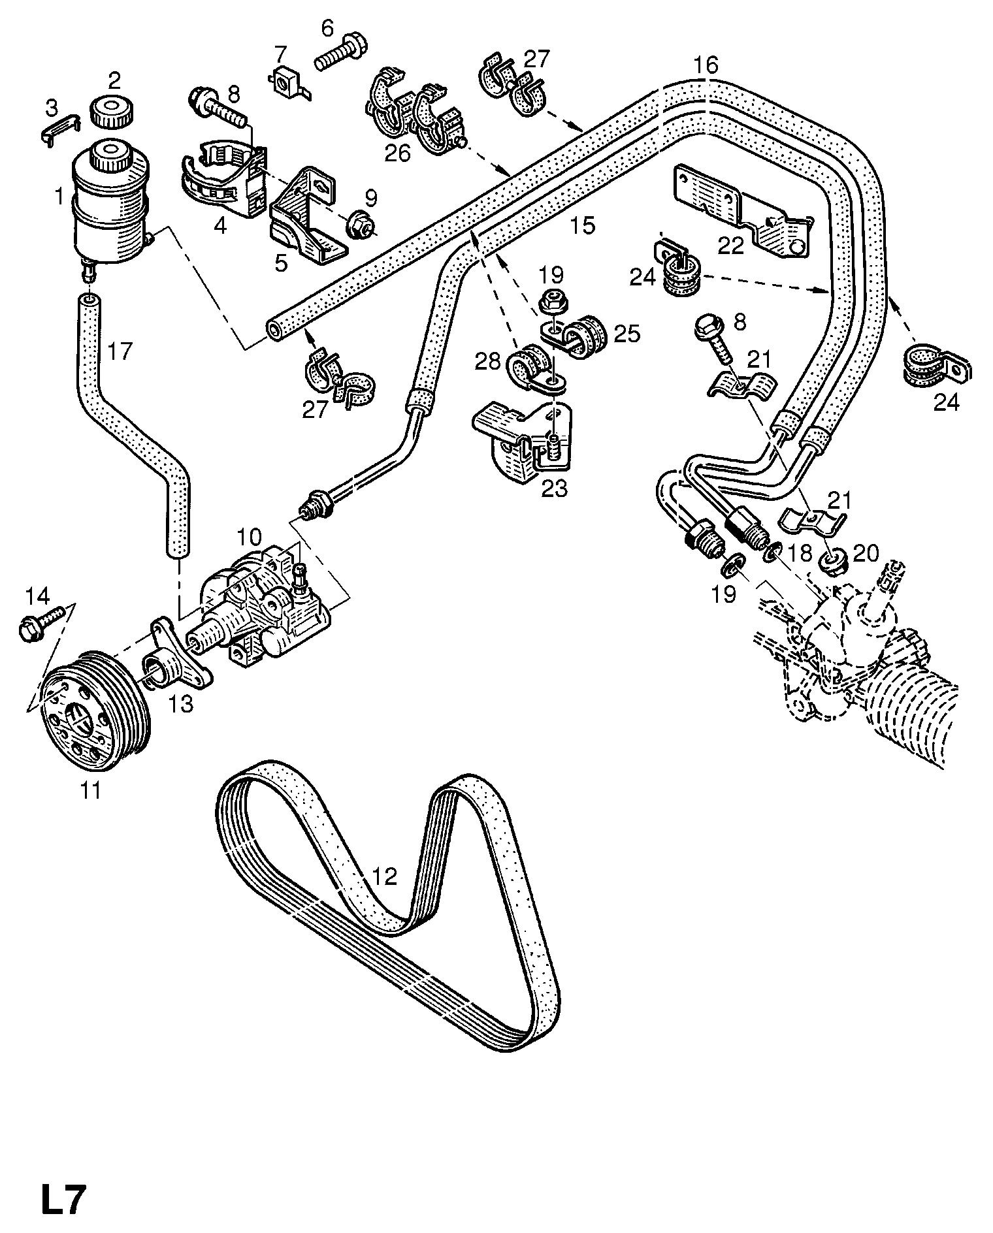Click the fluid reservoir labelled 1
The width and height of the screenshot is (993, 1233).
[x=109, y=202]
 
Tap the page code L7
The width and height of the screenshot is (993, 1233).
[x=63, y=1199]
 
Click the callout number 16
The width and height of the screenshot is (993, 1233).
[x=706, y=65]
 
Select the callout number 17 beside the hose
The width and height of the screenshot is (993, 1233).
[x=120, y=351]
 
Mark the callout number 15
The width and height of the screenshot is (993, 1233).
[x=582, y=225]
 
